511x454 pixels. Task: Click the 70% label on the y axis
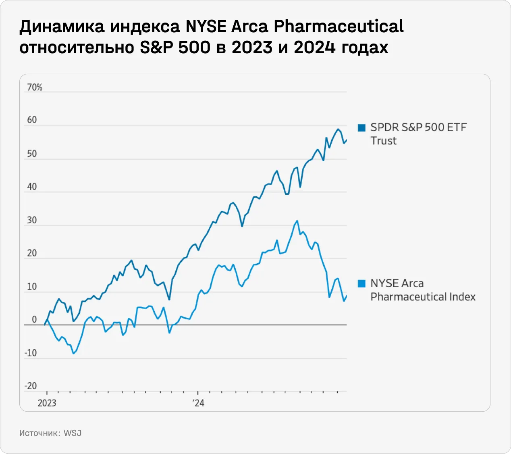(34, 87)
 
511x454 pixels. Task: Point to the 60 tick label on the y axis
(32, 120)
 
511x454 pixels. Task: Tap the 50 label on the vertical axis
(32, 154)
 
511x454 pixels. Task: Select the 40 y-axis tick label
(32, 187)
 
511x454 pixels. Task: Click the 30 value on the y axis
(32, 220)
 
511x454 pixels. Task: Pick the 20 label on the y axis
(32, 253)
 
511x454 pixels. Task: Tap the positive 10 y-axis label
(32, 287)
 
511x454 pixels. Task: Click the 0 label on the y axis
(34, 320)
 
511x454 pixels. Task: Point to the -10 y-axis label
(31, 353)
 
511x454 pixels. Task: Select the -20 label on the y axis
(31, 386)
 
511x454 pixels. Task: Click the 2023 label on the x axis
(47, 403)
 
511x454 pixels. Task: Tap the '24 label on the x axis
(198, 403)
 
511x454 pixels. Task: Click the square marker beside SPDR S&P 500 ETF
(361, 128)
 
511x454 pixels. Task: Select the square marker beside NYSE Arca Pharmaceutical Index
(361, 283)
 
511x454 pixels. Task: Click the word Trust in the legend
(383, 141)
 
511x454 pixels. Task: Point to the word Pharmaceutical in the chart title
(339, 27)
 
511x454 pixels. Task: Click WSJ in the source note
(73, 433)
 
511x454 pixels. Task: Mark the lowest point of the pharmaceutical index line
(73, 353)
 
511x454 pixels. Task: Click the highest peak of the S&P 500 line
(338, 129)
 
